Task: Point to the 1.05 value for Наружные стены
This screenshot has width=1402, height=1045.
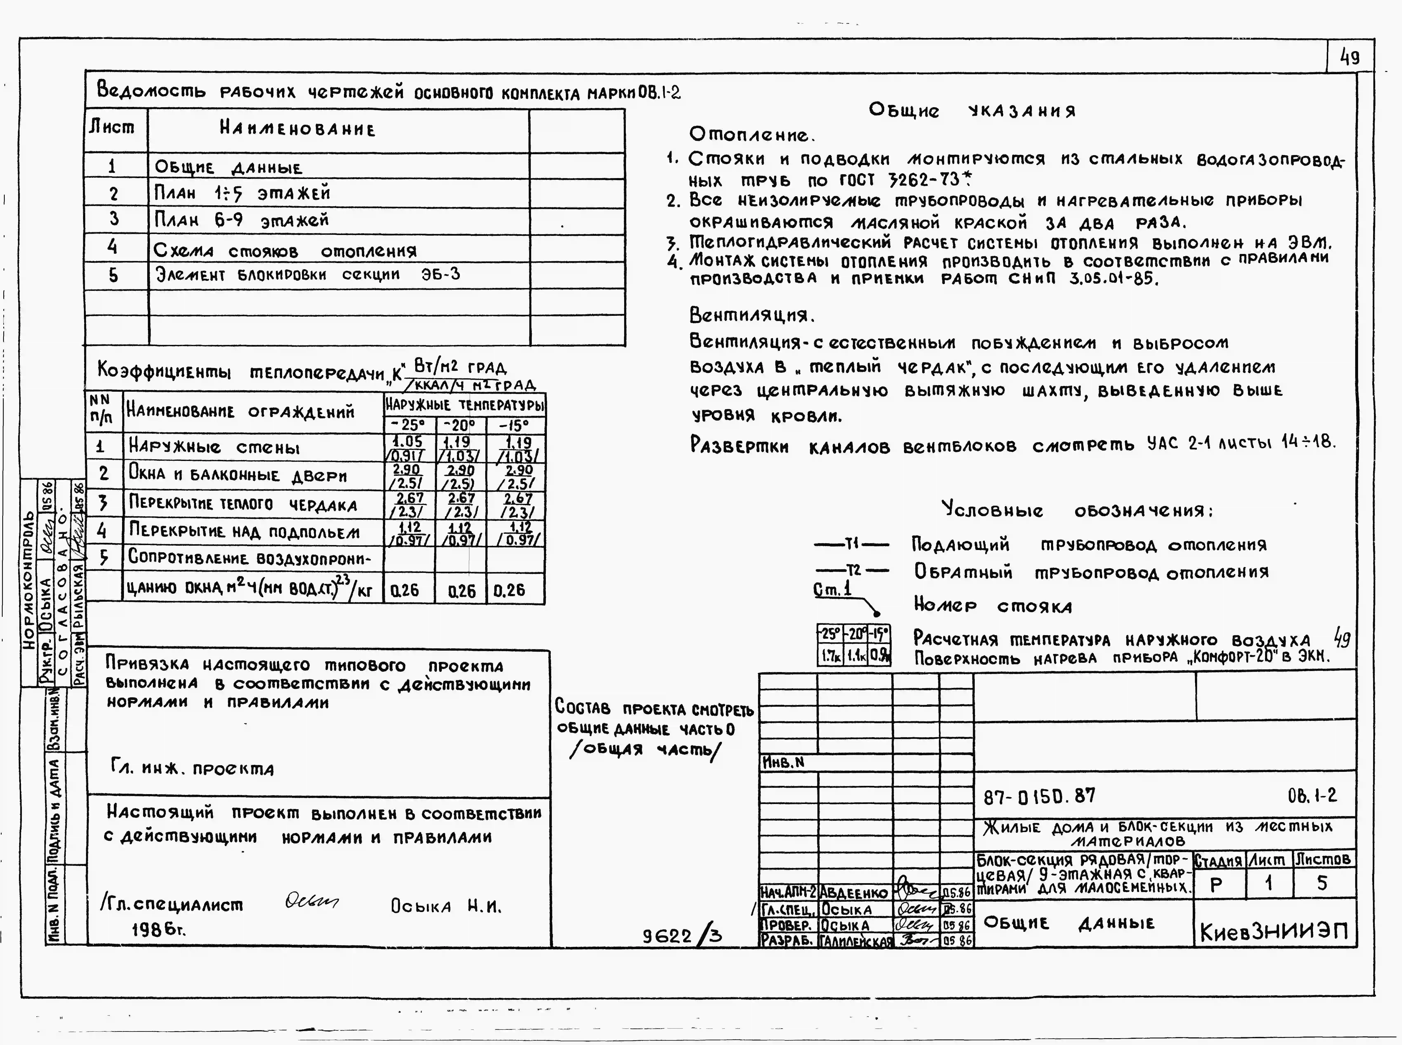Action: tap(408, 442)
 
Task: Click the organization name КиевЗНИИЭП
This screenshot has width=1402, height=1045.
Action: tap(1274, 931)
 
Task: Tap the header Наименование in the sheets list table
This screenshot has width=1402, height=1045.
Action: tap(297, 130)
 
